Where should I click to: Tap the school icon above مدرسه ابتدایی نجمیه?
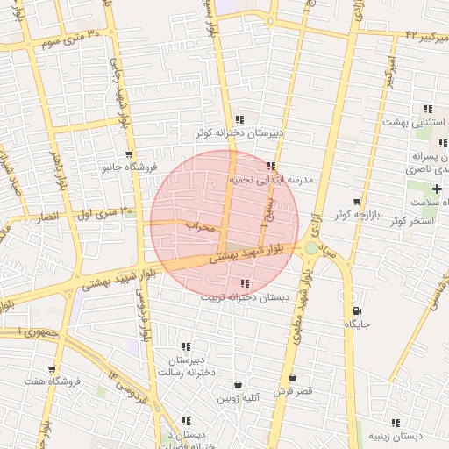[271, 165]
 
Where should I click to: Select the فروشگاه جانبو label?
[128, 167]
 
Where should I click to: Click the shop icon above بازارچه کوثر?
[356, 201]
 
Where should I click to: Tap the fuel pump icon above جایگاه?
[356, 310]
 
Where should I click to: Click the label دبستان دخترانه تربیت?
[245, 297]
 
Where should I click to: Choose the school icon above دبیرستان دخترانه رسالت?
[186, 347]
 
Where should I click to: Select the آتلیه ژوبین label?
[239, 399]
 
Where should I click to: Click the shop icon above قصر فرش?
[293, 378]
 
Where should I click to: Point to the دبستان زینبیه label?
[396, 436]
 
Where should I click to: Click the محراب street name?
[200, 226]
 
